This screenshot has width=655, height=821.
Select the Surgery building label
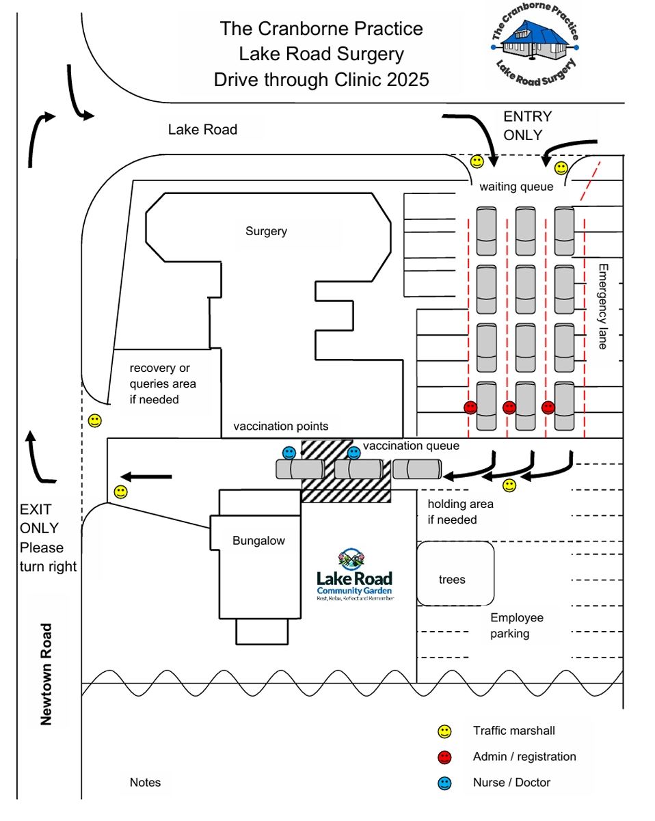pos(266,231)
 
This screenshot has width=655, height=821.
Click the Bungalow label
pos(258,541)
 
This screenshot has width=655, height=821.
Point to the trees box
pos(452,580)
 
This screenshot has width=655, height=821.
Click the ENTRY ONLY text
pos(527,126)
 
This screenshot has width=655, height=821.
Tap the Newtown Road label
pos(46,673)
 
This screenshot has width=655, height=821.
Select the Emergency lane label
pos(602,306)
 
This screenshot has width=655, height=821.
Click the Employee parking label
pos(516,625)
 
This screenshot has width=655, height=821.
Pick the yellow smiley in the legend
pos(445,731)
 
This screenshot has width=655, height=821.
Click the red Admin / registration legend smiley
pos(445,757)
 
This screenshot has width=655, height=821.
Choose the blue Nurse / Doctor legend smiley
pos(445,783)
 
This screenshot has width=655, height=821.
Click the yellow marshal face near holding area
pos(509,485)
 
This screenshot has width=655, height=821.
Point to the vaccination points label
pos(281,427)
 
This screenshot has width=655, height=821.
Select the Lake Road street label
pos(202,129)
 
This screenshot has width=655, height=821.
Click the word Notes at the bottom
pos(145,782)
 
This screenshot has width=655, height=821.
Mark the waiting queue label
pos(516,187)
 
